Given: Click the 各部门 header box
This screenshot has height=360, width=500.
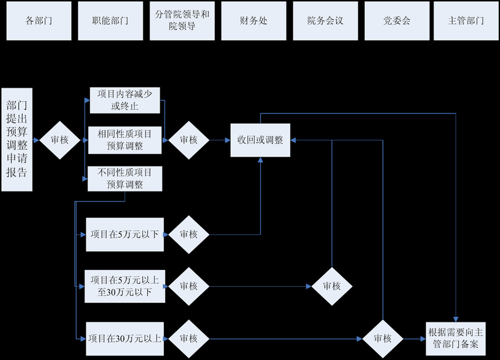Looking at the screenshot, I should [38, 21].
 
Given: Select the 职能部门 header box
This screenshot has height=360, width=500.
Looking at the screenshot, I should [110, 21].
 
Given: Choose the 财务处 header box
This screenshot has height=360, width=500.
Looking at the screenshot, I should [253, 21].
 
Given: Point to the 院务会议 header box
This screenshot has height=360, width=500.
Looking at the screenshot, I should [325, 21].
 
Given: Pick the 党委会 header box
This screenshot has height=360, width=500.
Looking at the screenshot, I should [397, 21].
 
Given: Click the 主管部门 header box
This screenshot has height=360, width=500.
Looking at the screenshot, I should [466, 21].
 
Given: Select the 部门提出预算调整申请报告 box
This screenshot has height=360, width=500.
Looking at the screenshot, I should [16, 139].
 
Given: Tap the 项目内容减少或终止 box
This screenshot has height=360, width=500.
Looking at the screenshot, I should [125, 100].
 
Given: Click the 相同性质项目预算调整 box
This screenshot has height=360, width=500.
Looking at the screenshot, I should [125, 140].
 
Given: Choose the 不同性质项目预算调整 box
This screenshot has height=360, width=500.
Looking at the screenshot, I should [125, 178].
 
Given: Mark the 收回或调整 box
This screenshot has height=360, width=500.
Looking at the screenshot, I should [260, 140].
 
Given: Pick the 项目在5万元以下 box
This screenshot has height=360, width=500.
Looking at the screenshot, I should [125, 234].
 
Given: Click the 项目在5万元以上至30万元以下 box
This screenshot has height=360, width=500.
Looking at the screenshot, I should [125, 285].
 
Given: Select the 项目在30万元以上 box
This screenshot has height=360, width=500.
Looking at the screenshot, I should [125, 339].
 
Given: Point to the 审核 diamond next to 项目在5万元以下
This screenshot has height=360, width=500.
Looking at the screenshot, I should [188, 234].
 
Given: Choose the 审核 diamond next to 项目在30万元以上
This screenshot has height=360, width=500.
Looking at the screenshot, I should [188, 339].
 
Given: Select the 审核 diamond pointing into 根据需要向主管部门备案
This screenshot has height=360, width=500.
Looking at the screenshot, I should [382, 339].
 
